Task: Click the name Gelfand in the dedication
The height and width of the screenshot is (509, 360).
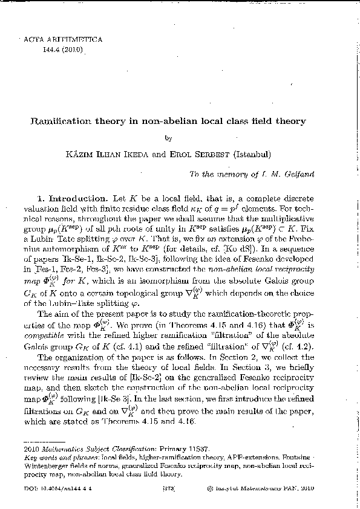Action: pos(298,174)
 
